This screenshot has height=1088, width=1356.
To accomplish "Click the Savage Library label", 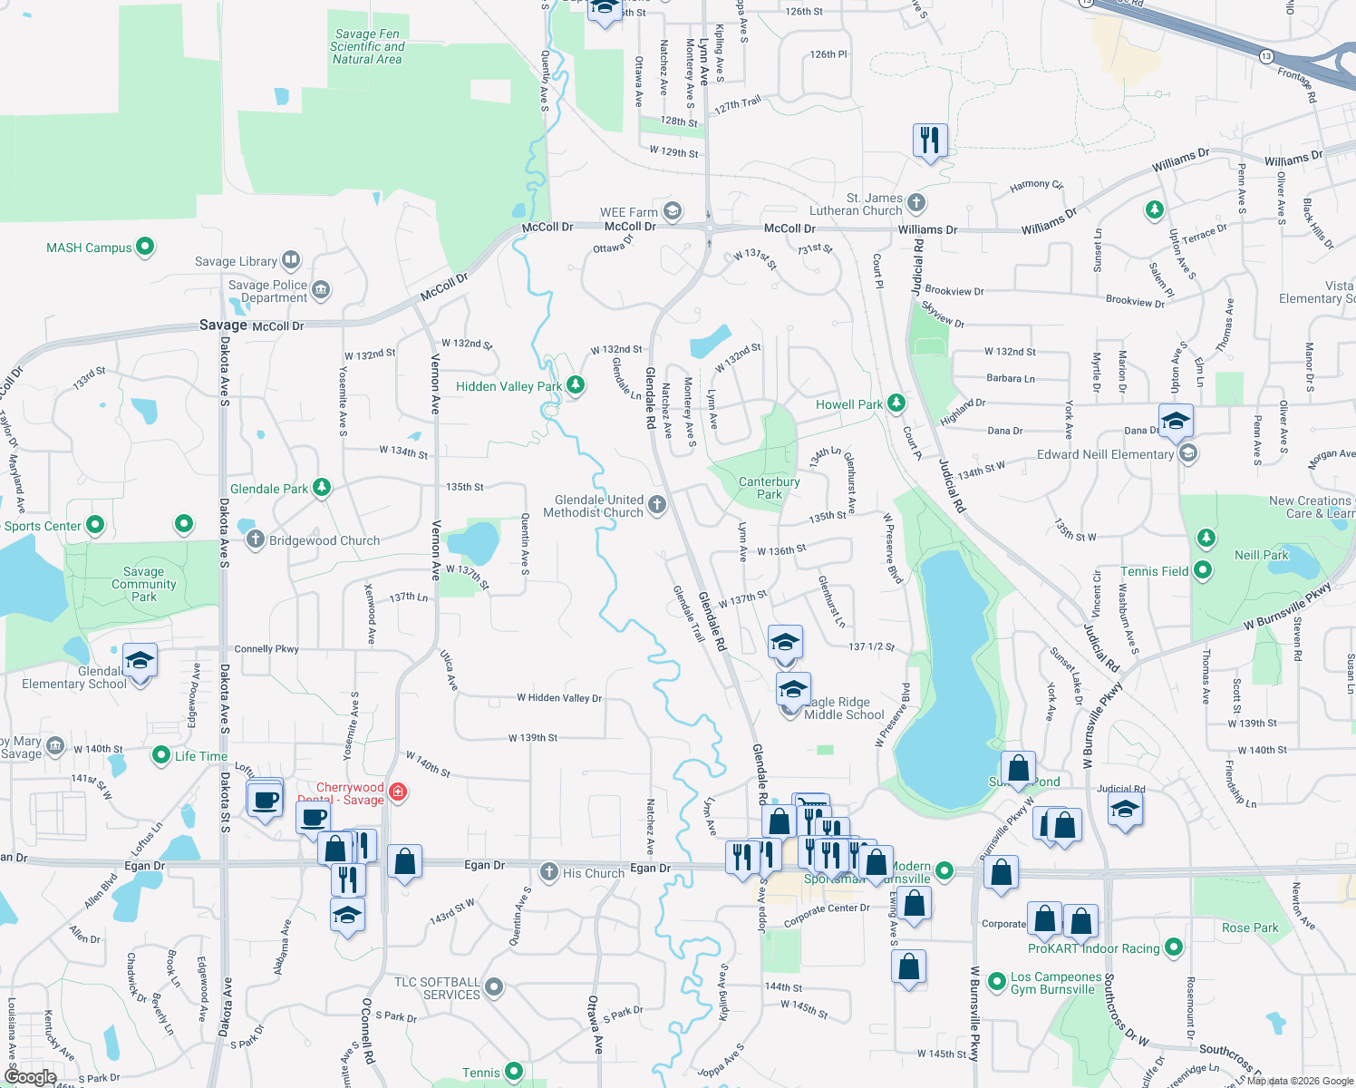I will [236, 261].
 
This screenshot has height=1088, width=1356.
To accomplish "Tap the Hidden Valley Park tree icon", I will [575, 385].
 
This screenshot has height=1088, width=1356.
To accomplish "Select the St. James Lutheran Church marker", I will [916, 203].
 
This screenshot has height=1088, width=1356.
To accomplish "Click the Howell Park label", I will [848, 404].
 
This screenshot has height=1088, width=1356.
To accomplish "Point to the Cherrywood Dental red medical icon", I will [397, 793].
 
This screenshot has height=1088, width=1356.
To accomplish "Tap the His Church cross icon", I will [548, 872].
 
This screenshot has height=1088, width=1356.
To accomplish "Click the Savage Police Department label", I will [267, 291].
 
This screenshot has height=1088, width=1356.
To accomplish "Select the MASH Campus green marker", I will [144, 247].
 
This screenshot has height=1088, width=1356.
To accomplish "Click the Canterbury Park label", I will [769, 488].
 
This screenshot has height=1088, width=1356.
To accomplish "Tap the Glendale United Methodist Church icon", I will [657, 505].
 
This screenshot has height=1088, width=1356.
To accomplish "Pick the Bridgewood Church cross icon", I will [256, 539].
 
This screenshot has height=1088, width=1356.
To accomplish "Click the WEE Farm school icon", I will [672, 212].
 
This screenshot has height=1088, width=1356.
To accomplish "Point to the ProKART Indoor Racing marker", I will [1174, 947].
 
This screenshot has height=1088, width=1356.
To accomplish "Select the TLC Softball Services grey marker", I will [494, 986].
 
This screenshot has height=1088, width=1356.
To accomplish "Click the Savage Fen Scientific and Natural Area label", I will [367, 46].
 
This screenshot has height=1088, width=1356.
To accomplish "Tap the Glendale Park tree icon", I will [321, 488].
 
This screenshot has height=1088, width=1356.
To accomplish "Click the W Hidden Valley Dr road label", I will [559, 697].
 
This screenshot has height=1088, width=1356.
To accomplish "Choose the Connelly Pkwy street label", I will [266, 648].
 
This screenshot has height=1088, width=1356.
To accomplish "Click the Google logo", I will [31, 1077].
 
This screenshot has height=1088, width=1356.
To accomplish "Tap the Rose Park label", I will [1250, 928].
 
